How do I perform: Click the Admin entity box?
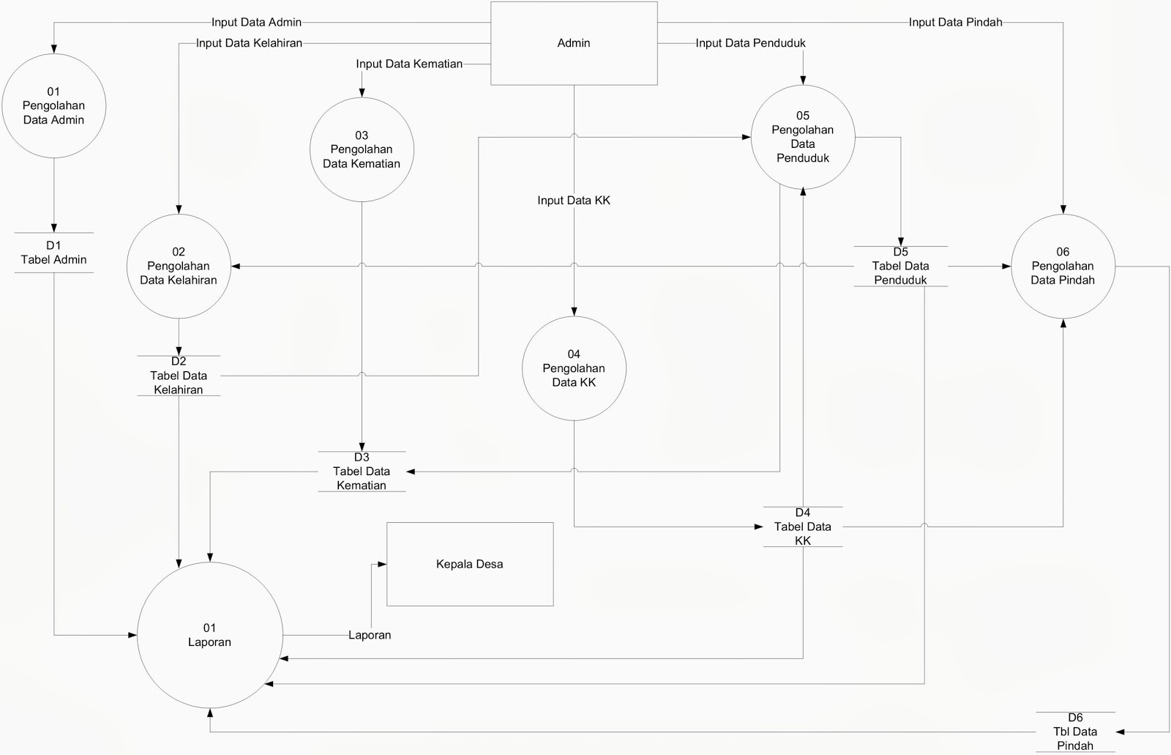click(573, 43)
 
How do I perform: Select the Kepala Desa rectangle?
click(469, 564)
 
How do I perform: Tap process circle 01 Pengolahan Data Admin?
click(53, 105)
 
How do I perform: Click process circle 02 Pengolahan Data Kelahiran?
click(179, 266)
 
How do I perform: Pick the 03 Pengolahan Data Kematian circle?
click(362, 149)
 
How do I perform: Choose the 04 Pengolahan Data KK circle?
click(574, 368)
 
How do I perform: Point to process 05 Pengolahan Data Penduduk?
click(803, 137)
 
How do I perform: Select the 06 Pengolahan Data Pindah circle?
click(1063, 266)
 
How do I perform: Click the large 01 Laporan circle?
click(210, 635)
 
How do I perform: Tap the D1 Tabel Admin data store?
click(53, 253)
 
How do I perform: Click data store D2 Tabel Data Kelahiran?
click(179, 376)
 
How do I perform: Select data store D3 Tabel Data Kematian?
click(362, 471)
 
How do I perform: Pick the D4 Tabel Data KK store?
click(803, 527)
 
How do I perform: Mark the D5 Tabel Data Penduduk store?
click(900, 266)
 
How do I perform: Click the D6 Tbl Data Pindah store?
click(1075, 732)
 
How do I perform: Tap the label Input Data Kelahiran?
click(250, 43)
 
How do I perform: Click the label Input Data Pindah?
click(955, 22)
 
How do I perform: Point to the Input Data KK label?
click(574, 200)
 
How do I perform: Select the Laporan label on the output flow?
click(370, 635)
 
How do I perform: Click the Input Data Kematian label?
click(409, 64)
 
